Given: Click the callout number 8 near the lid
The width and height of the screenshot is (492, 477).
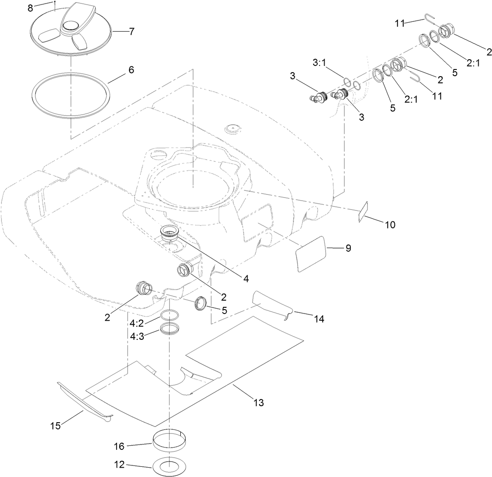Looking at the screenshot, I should point(30,8).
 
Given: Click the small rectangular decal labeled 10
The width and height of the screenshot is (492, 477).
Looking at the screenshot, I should point(364,211).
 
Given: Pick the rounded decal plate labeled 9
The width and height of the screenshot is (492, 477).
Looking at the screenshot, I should point(311,254).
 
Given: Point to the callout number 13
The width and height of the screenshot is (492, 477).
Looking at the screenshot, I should point(258,403).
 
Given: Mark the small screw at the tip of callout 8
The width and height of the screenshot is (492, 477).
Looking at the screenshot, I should point(54,2).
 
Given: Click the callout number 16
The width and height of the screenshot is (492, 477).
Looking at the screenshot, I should point(121,445).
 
